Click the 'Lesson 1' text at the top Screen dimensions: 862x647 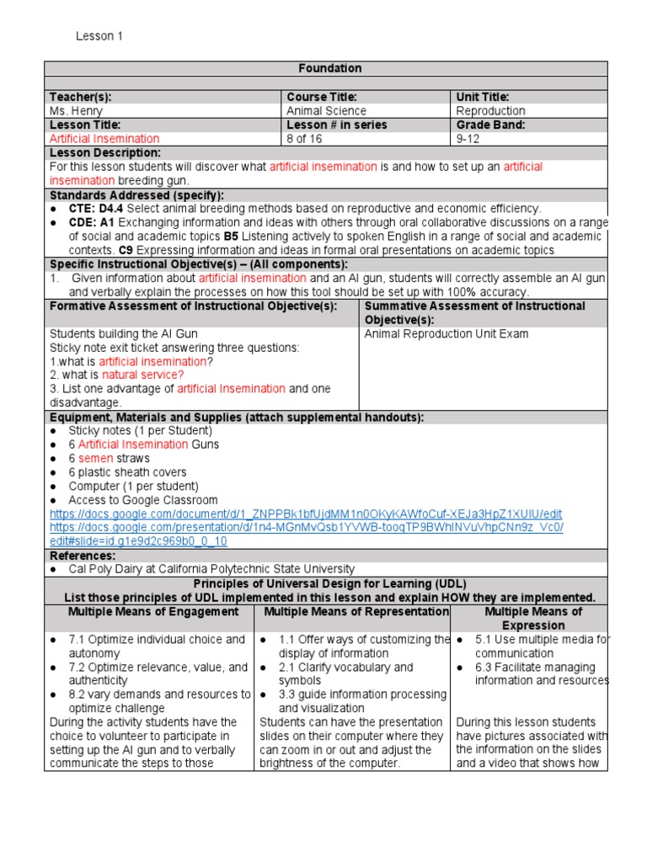click(99, 36)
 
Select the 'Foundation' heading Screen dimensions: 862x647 click(330, 68)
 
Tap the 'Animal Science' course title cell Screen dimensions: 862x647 click(326, 111)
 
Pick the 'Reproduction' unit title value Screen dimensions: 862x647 click(490, 111)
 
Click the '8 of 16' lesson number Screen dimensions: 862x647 click(307, 139)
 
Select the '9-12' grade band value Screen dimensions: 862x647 click(468, 139)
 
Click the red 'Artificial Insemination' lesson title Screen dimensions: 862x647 click(104, 139)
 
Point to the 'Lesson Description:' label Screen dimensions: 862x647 click(105, 153)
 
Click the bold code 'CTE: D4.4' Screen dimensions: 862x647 click(96, 208)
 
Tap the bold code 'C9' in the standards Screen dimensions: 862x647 click(126, 250)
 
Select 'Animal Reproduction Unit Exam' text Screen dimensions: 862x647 click(446, 334)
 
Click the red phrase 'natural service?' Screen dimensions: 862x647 click(143, 375)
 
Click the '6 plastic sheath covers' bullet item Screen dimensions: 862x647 click(127, 472)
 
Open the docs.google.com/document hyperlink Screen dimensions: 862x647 click(306, 513)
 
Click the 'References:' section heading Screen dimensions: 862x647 click(83, 556)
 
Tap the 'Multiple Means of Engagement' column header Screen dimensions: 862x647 click(153, 612)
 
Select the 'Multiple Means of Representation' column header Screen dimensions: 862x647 click(356, 612)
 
